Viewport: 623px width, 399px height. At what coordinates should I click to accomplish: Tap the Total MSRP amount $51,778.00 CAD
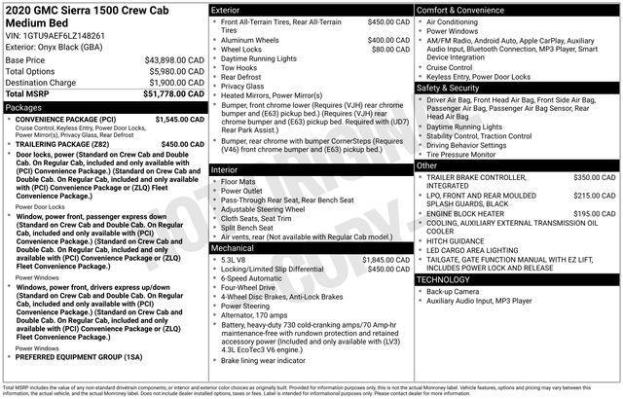(x=166, y=94)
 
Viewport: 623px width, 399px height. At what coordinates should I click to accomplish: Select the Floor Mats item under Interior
(x=238, y=182)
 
